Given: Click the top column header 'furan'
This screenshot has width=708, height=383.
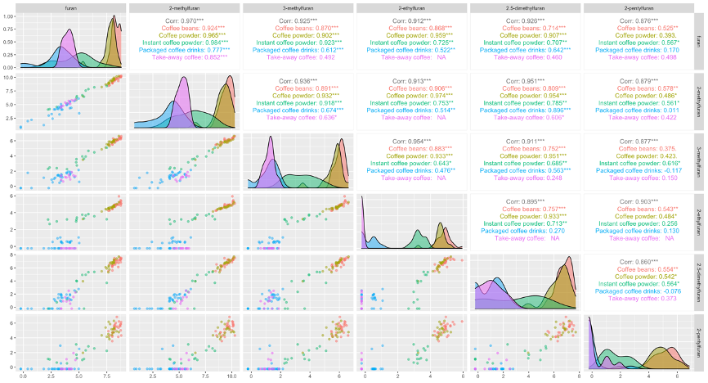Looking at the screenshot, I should coord(72,7).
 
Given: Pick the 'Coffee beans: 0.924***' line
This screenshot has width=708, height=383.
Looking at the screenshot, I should coord(185,29).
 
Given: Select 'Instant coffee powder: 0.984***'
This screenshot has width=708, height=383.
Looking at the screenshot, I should coord(185,43).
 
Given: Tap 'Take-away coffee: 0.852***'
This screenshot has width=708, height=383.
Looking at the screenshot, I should coord(185,57).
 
